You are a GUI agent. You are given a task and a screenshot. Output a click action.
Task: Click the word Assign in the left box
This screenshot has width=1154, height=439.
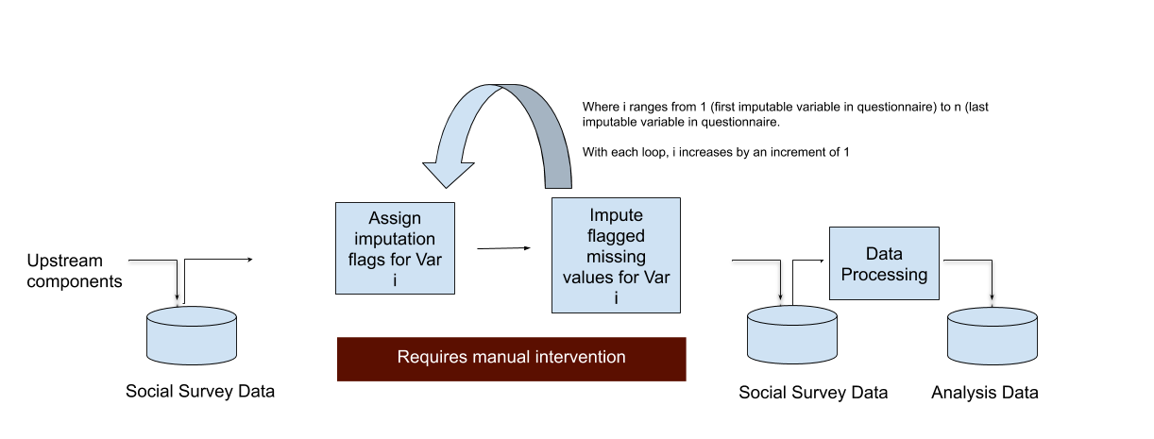coord(395,219)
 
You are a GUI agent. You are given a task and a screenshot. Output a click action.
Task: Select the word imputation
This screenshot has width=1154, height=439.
coord(395,239)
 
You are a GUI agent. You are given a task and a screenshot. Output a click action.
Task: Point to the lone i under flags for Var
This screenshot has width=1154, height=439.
coord(395,280)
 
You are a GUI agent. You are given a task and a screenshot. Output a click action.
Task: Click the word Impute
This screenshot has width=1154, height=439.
coord(616,215)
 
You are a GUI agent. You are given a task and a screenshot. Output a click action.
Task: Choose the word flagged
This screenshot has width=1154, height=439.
coord(616,236)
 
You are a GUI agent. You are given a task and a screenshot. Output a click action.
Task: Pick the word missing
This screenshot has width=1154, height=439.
coord(616,257)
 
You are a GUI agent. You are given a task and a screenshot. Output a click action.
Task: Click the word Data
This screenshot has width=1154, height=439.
coord(884,254)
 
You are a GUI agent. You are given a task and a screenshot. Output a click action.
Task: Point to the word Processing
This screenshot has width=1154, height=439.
coord(884,275)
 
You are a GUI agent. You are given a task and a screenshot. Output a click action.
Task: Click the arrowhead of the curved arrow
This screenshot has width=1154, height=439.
coord(449,173)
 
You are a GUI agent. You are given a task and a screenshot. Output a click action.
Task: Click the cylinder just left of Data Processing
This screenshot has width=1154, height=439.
coord(792,335)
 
